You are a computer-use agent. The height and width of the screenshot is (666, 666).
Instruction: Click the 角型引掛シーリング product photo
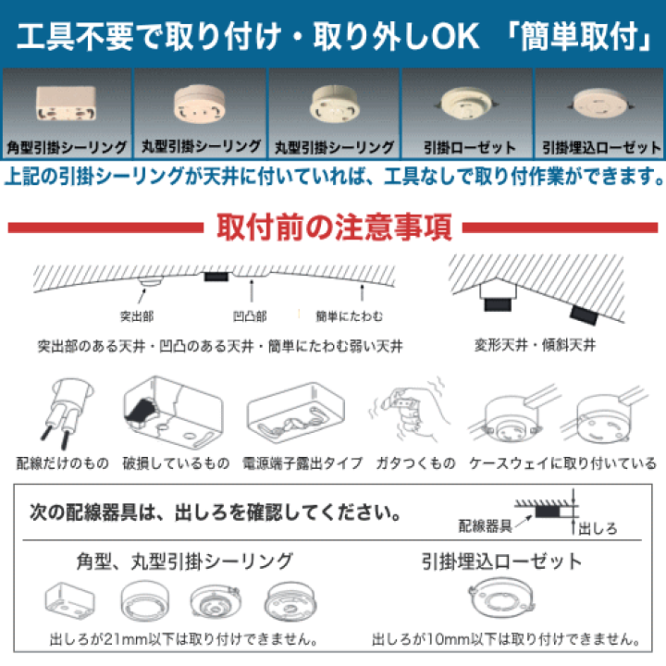pyautogui.click(x=65, y=105)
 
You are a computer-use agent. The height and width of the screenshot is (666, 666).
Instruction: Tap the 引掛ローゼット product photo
pyautogui.click(x=467, y=104)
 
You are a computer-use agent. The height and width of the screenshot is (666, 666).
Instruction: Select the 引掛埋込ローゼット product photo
pyautogui.click(x=601, y=104)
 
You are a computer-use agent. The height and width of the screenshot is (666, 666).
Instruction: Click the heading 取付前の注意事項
pyautogui.click(x=333, y=226)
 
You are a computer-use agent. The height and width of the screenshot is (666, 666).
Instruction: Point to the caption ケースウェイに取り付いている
pyautogui.click(x=561, y=462)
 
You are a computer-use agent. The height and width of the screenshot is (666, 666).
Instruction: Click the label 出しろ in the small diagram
pyautogui.click(x=597, y=529)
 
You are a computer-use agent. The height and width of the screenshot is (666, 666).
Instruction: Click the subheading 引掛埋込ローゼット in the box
pyautogui.click(x=502, y=561)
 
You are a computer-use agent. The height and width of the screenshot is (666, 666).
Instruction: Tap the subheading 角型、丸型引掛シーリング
pyautogui.click(x=185, y=561)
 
